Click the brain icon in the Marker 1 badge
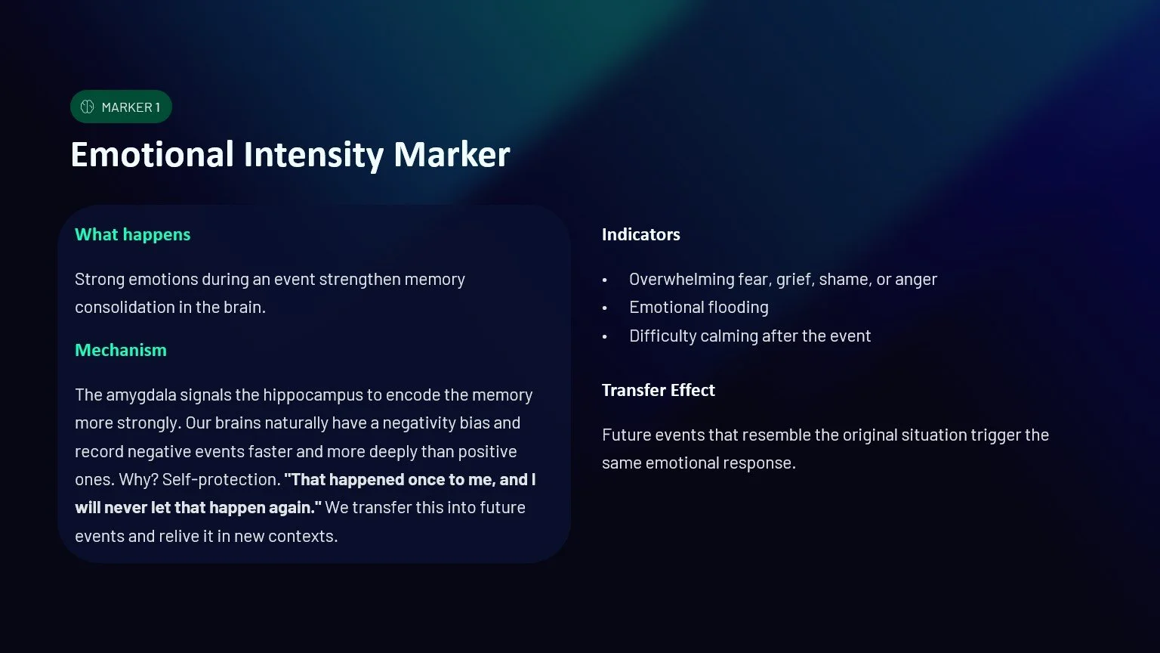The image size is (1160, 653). click(x=88, y=107)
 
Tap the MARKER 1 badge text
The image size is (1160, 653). click(x=131, y=107)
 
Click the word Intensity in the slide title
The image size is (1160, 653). click(x=314, y=155)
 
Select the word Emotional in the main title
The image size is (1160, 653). click(x=152, y=155)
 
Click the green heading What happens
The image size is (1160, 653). click(x=132, y=234)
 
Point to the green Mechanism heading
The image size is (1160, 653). click(x=120, y=350)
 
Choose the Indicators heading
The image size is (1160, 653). click(x=640, y=234)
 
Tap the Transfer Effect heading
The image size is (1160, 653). click(x=658, y=390)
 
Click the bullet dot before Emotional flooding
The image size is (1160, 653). click(x=605, y=308)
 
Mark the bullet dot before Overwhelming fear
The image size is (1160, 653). click(x=605, y=280)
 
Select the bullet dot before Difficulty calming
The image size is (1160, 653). click(x=605, y=337)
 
